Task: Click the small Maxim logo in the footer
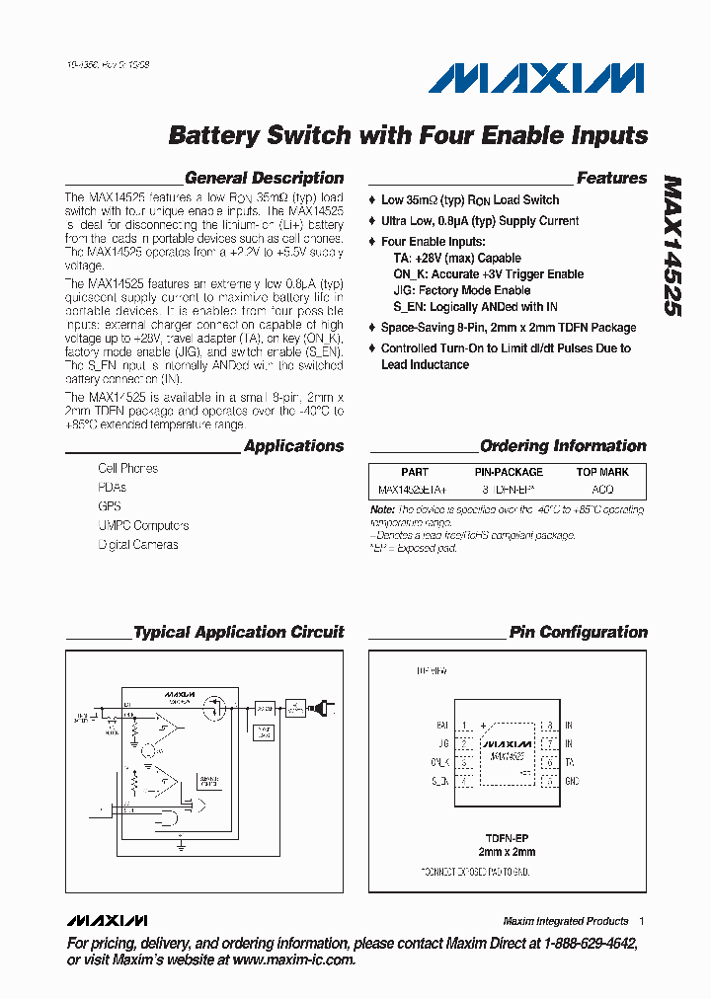pos(108,920)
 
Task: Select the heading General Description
pos(264,179)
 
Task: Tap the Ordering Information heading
pos(563,446)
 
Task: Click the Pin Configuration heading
pos(578,632)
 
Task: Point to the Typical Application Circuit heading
pos(238,632)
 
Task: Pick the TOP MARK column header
pos(602,472)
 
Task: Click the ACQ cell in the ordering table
pos(601,489)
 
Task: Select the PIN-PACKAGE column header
pos(509,472)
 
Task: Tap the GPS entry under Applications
pos(110,506)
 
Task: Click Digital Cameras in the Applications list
pos(138,544)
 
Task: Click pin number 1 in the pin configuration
pos(464,726)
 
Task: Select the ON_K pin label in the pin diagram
pos(439,762)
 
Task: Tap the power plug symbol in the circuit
pos(323,708)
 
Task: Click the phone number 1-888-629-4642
pos(584,944)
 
